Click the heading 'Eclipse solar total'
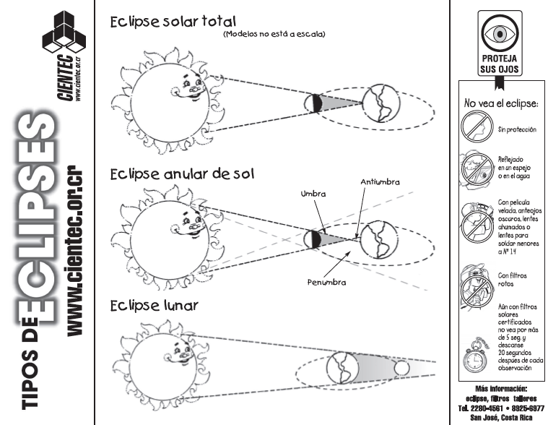173,22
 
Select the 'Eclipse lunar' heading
152,306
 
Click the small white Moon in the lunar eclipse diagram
401,369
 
